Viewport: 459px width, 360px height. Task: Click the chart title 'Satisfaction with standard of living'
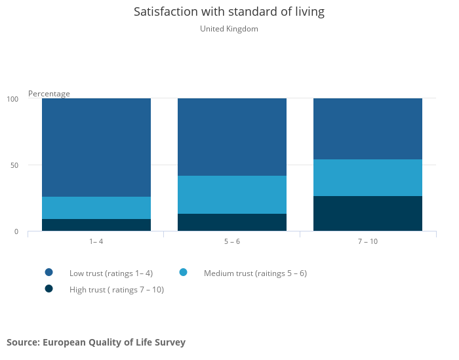point(229,12)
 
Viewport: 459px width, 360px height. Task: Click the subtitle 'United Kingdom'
point(229,29)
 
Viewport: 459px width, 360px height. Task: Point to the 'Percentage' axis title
point(49,94)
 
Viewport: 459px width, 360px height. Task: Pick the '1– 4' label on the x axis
point(96,241)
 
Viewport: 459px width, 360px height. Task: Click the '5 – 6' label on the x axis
point(232,241)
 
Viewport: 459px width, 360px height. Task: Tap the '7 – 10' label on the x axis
point(368,241)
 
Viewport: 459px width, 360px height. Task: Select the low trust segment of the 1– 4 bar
point(96,148)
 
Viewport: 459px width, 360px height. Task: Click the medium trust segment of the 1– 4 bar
point(96,208)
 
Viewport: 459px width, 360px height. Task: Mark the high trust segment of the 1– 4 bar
point(96,225)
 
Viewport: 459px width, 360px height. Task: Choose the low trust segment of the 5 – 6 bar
point(232,137)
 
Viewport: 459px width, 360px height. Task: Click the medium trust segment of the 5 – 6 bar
point(232,195)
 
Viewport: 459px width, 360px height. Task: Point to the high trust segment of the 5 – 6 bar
point(232,222)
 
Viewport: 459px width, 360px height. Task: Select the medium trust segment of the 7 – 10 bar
point(368,178)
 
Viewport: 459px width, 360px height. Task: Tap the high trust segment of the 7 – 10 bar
point(368,214)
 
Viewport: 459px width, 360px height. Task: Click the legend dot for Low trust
point(49,272)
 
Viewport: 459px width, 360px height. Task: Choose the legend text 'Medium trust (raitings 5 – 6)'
point(255,273)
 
